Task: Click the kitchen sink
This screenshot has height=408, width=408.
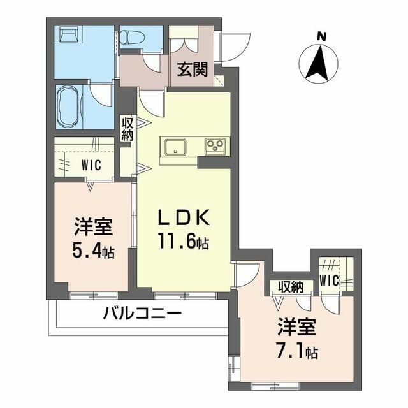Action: point(173,147)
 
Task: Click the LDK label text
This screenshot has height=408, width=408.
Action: point(183,218)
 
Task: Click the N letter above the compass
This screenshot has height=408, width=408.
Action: point(322,36)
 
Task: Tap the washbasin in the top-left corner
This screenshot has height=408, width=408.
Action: point(67,34)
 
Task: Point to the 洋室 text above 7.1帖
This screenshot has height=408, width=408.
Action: point(297,328)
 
